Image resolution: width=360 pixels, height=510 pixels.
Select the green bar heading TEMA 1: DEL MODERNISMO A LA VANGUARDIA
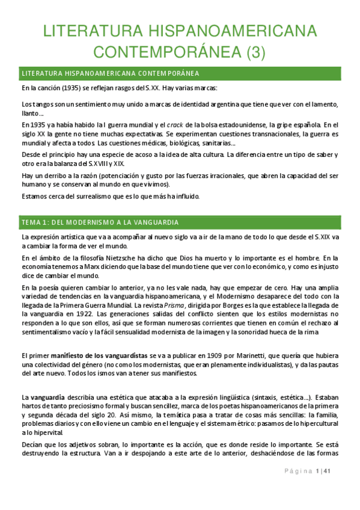pos(100,223)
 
